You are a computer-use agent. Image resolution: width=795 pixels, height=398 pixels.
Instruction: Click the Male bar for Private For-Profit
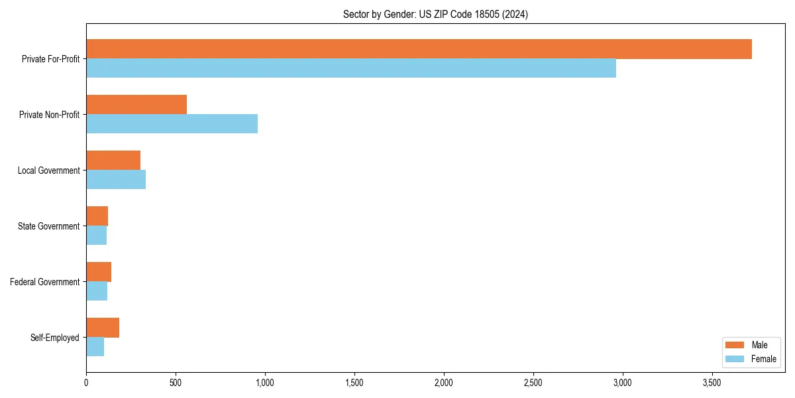pos(419,49)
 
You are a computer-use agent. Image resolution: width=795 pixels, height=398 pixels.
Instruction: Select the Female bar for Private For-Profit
pos(351,68)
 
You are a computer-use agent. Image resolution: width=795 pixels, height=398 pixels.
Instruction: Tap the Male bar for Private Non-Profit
pos(136,105)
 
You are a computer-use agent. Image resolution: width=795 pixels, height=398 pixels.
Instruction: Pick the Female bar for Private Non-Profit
pos(172,124)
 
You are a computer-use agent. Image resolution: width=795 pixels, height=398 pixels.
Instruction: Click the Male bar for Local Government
pos(113,161)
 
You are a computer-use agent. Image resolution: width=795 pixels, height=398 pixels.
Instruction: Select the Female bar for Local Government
pos(116,180)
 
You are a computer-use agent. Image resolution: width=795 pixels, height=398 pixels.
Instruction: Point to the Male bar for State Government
pos(97,216)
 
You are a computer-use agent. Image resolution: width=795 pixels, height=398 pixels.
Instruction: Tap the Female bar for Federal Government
pos(97,291)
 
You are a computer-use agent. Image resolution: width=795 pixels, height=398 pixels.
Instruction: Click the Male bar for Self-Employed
pos(103,328)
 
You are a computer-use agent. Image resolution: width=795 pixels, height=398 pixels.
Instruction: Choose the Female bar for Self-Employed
pos(95,347)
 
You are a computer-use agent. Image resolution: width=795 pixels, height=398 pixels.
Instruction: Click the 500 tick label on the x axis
pos(176,383)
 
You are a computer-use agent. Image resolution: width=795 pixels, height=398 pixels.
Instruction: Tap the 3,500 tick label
pos(712,383)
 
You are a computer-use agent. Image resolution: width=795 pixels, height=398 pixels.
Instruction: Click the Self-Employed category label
pos(55,338)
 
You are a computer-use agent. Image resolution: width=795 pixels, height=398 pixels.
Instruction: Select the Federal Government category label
pos(45,282)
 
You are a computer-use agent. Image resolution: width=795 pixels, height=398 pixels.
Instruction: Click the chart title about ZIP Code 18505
pos(435,14)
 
